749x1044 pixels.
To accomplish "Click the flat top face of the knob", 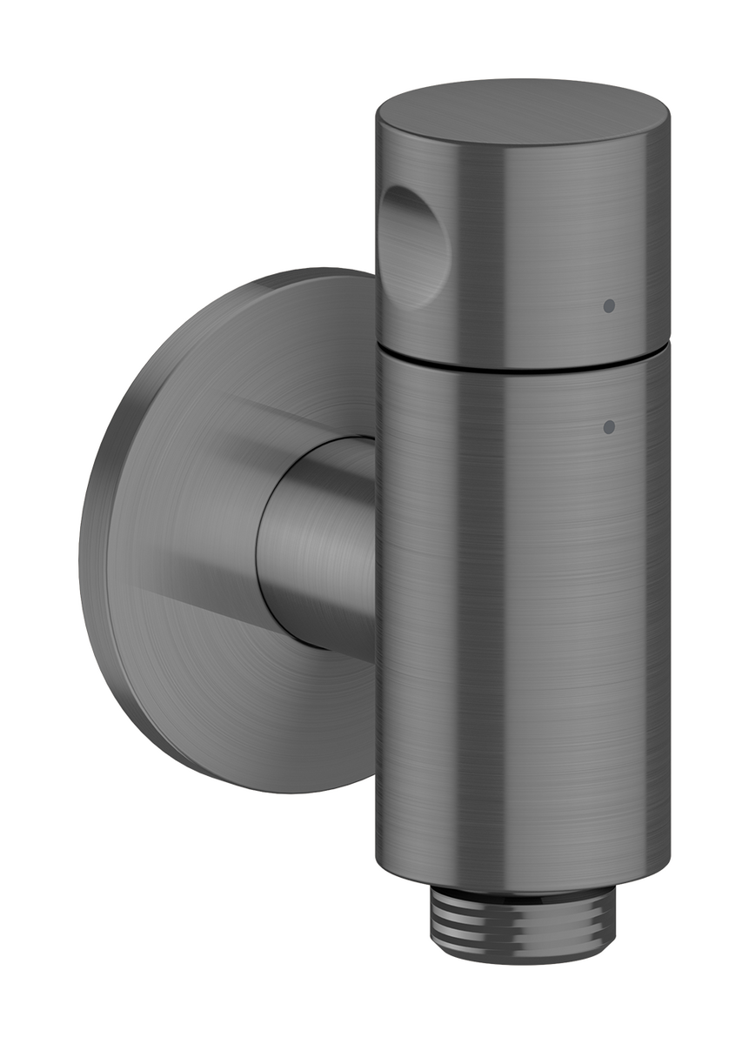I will click(x=522, y=111).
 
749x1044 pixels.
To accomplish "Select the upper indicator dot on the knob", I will click(x=609, y=305).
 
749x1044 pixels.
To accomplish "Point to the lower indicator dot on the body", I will click(x=609, y=426).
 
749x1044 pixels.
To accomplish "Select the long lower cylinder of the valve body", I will click(x=522, y=626).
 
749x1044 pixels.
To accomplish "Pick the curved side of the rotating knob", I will click(x=539, y=244).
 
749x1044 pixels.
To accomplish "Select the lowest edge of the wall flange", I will click(x=287, y=792).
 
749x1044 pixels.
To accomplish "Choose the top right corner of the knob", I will click(x=665, y=113).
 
